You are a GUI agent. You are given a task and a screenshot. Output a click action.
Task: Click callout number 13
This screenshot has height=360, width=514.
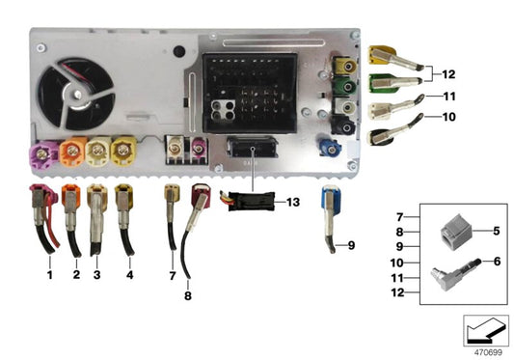pos(293,203)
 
